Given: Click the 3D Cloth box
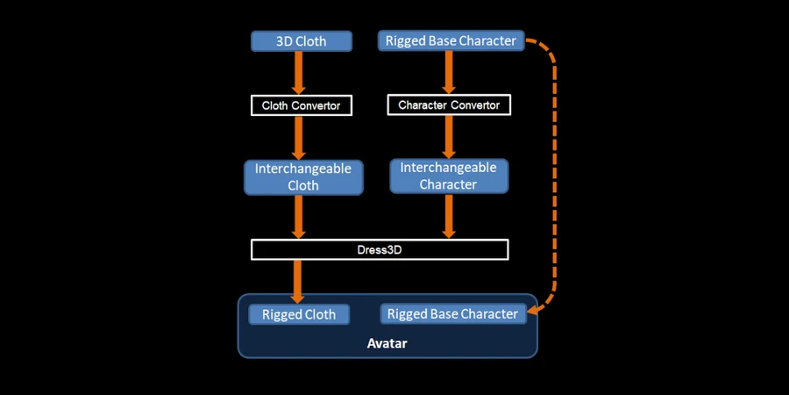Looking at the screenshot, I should coord(302,41).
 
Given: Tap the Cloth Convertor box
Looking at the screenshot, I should coord(302,105).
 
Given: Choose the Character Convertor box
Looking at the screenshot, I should coord(449,105).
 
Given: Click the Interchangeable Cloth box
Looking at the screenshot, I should coord(303,176).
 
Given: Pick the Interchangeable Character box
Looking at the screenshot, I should coord(448,176).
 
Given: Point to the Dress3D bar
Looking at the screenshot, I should coord(380,249).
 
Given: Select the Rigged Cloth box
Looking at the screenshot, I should coord(299,314).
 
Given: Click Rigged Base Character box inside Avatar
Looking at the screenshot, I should coord(452,313).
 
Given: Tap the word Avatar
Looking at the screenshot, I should coord(387,343).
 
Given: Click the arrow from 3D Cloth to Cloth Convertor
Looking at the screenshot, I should coord(299,72).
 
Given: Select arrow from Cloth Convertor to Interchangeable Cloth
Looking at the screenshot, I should coord(299,136).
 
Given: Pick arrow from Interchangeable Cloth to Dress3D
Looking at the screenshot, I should coord(299,216).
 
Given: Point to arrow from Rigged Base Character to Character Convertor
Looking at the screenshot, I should coord(449,72).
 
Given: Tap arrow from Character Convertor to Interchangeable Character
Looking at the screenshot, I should coord(449,136).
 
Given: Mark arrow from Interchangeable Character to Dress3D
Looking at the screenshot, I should coord(449,216).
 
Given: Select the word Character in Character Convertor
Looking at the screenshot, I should coord(422,105).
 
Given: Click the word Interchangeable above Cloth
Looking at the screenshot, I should coord(303,168).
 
